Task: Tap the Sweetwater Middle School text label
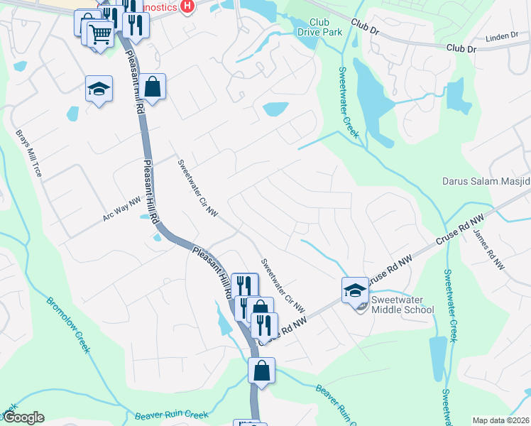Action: (x=402, y=304)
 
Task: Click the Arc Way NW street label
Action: (x=122, y=209)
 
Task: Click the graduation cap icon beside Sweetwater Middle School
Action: (x=355, y=290)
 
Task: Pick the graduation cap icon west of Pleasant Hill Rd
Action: (x=99, y=89)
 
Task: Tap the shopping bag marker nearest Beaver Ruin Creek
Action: (x=261, y=371)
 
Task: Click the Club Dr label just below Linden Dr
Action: (x=461, y=48)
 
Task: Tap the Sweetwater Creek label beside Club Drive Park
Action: (x=349, y=102)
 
